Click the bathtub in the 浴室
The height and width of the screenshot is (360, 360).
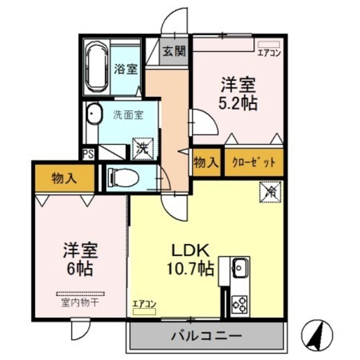pos(97,68)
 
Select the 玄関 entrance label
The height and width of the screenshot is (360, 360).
pos(174,52)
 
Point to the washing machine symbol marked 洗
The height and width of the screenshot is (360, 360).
pos(141,148)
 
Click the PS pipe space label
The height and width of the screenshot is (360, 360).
pos(88,154)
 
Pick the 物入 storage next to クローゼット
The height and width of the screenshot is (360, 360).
pos(206,163)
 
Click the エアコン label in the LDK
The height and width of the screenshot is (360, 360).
pos(145,304)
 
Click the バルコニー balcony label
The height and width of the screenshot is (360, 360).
pos(206,336)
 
